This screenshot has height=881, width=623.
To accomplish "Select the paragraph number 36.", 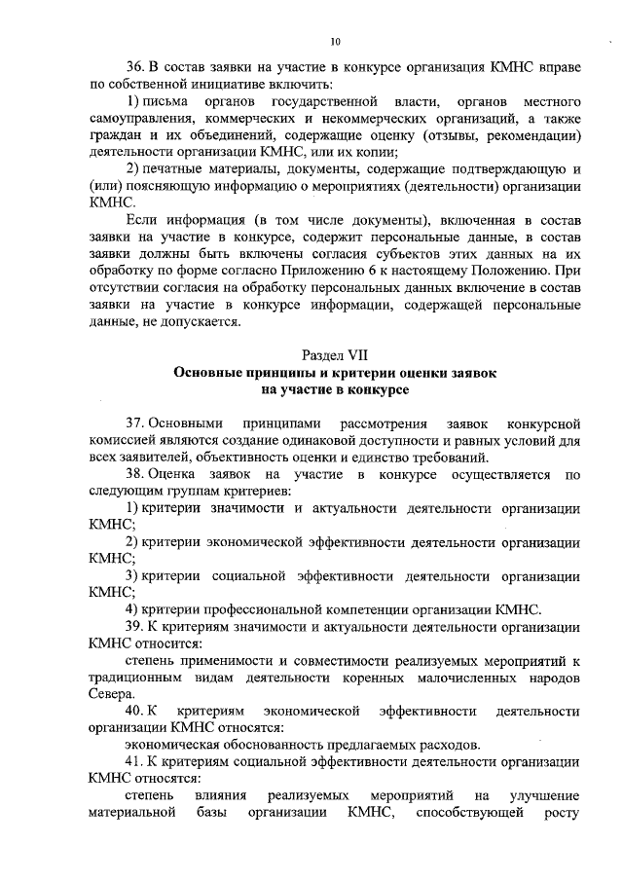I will (137, 65).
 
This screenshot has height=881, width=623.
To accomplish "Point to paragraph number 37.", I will (136, 425).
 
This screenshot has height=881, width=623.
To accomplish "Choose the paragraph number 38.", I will (136, 474).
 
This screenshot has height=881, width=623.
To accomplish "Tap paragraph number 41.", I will (136, 761).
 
